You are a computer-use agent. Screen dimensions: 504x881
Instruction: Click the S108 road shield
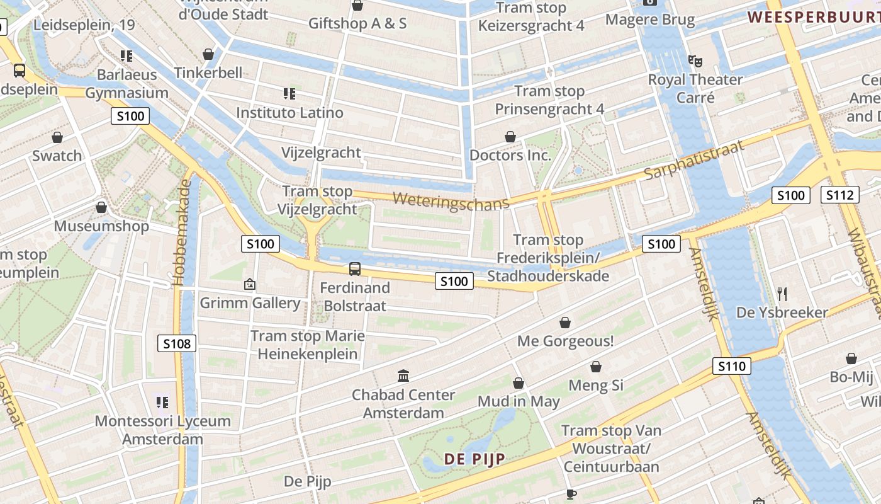(x=177, y=343)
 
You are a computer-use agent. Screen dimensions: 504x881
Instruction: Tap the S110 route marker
(x=732, y=366)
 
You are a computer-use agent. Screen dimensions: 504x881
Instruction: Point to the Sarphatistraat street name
(x=694, y=160)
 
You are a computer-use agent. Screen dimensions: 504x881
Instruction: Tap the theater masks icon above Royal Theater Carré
(x=695, y=61)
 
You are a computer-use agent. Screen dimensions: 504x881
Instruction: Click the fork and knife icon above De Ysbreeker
(x=782, y=294)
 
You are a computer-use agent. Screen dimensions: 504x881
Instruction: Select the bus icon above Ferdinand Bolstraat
(x=355, y=269)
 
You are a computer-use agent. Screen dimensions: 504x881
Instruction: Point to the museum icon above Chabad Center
(x=403, y=376)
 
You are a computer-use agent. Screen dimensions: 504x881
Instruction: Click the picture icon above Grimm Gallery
(x=249, y=285)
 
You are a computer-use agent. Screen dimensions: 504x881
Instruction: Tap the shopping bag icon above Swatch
(x=57, y=137)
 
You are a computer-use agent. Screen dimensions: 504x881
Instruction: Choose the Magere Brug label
(x=650, y=20)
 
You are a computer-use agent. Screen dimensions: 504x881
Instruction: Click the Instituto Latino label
(x=289, y=113)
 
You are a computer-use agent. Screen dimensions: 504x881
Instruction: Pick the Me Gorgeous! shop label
(x=565, y=341)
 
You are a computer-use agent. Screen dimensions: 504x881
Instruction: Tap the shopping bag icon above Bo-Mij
(x=851, y=358)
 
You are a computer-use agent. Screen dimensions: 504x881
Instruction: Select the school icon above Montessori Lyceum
(x=162, y=402)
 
